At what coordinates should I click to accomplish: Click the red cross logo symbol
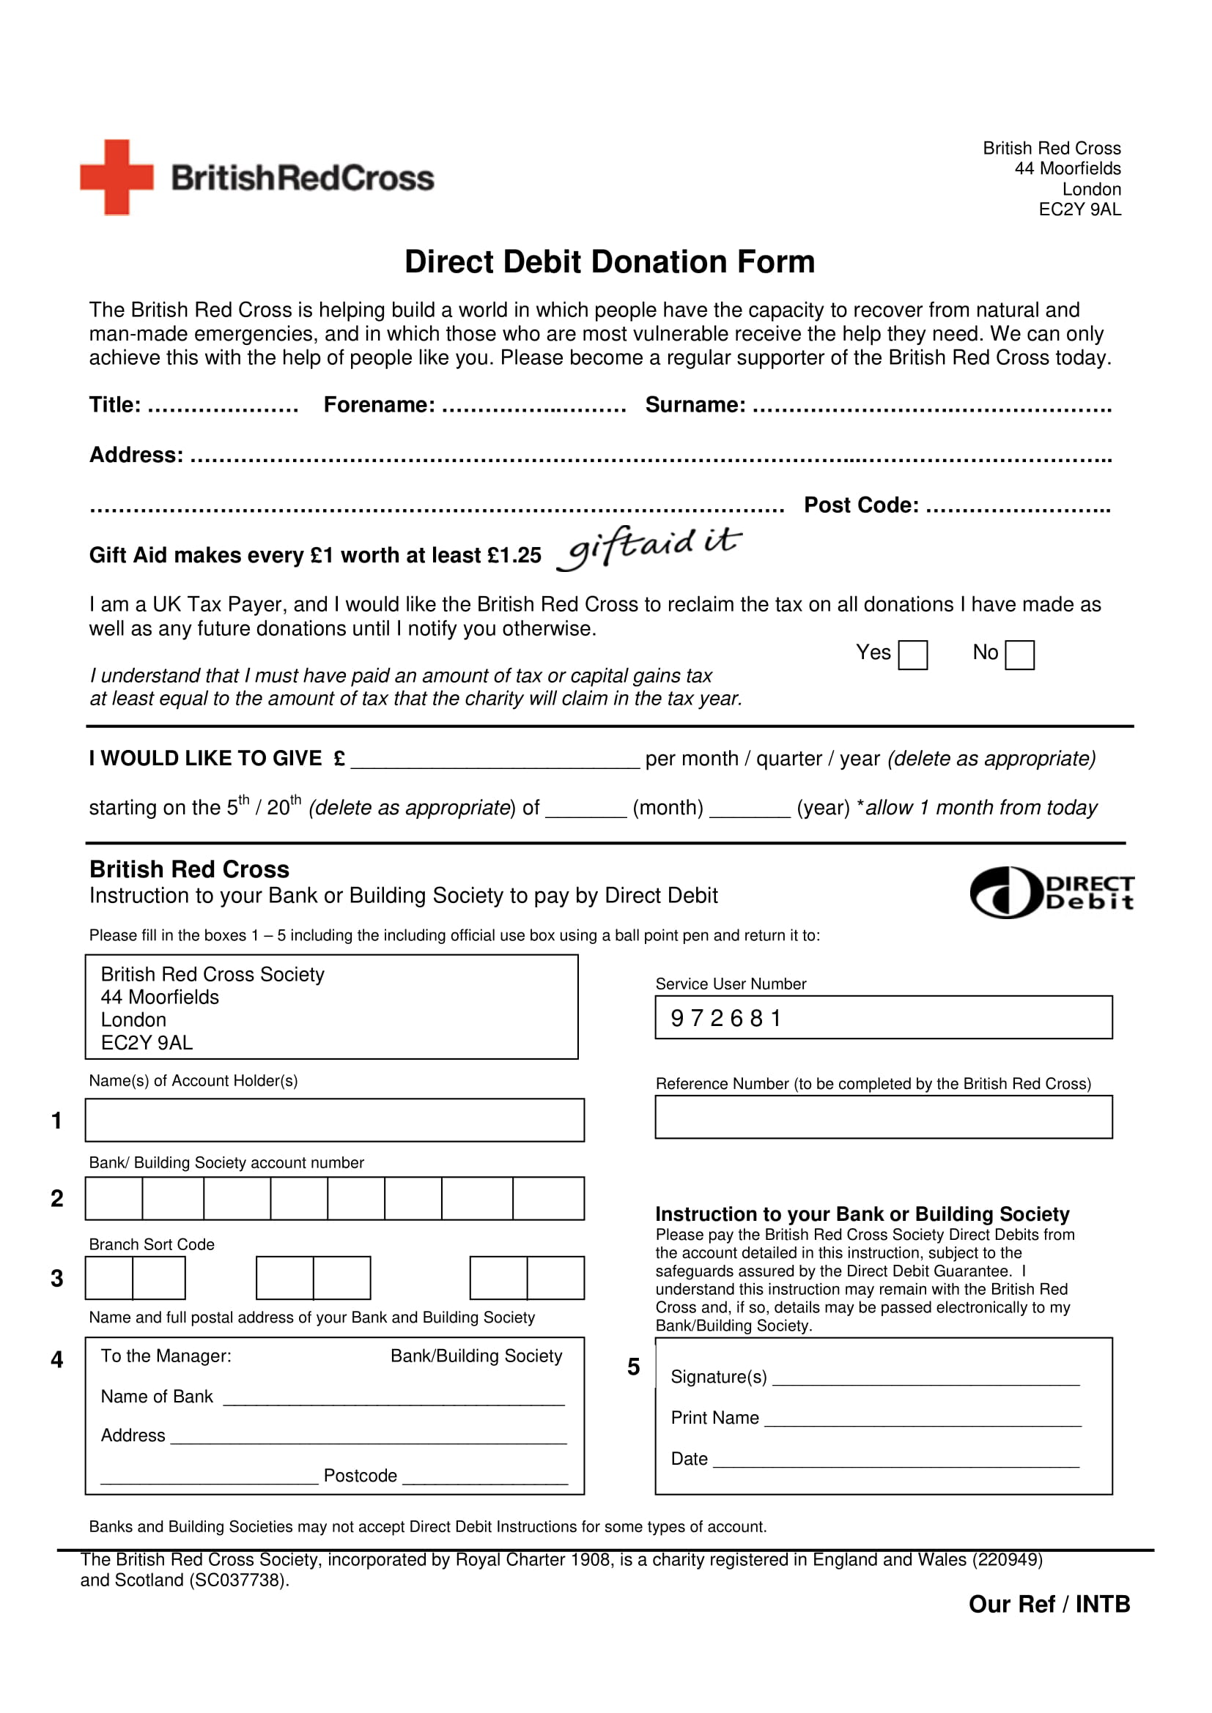[x=117, y=177]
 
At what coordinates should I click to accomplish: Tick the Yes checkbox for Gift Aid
[x=912, y=655]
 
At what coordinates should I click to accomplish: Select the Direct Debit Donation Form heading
[x=609, y=262]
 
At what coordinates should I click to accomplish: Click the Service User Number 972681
[x=725, y=1018]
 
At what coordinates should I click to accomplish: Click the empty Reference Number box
[x=883, y=1117]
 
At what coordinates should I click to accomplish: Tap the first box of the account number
[x=114, y=1198]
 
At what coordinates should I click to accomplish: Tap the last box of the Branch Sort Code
[x=555, y=1278]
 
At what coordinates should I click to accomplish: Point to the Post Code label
[x=860, y=505]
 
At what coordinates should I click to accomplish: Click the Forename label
[x=379, y=404]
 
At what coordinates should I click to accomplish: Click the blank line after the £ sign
[x=495, y=761]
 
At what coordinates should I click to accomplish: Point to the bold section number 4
[x=56, y=1359]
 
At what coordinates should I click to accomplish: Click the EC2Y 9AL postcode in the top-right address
[x=1079, y=209]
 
